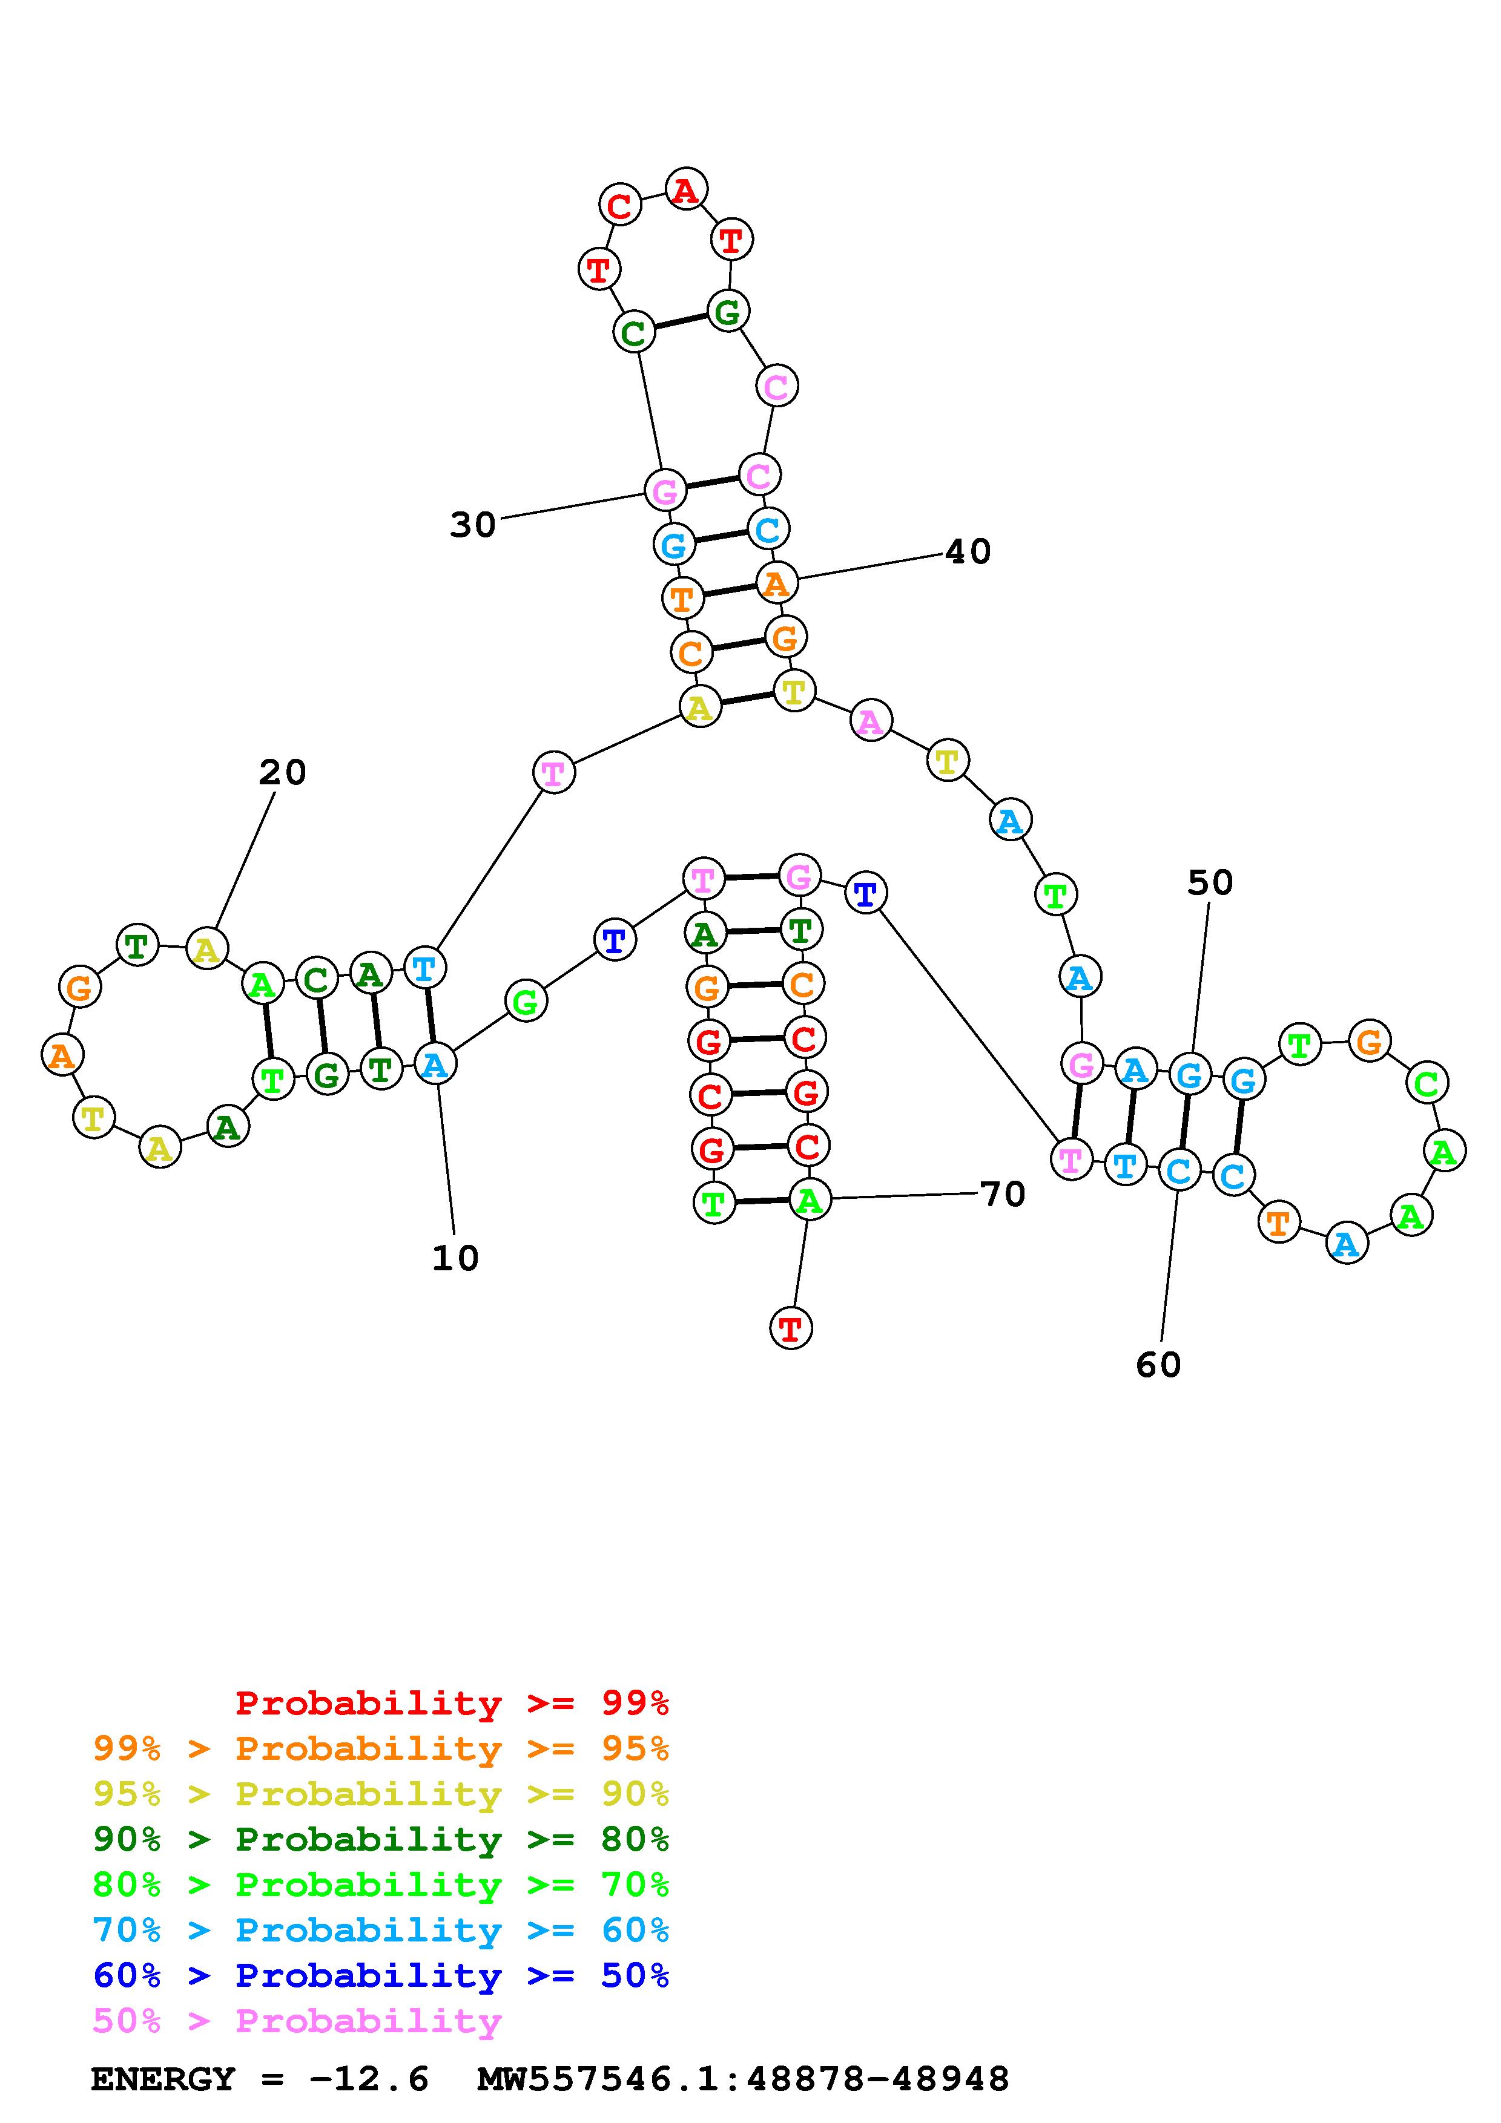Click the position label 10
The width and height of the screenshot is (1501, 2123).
coord(455,1258)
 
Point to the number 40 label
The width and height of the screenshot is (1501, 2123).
coord(968,552)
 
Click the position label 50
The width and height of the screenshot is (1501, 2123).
coord(1210,883)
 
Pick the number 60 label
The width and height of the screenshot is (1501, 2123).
coord(1158,1365)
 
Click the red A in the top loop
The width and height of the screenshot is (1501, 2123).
coord(685,189)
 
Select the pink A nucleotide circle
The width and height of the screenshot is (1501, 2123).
coord(870,720)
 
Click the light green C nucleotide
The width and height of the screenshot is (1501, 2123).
coord(1426,1082)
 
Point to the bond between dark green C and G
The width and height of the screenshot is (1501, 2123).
coord(680,320)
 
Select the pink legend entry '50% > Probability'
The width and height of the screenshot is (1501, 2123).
coord(297,2020)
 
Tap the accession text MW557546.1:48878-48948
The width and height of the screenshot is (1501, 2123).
coord(743,2079)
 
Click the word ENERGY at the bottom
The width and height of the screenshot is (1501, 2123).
coord(163,2079)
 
